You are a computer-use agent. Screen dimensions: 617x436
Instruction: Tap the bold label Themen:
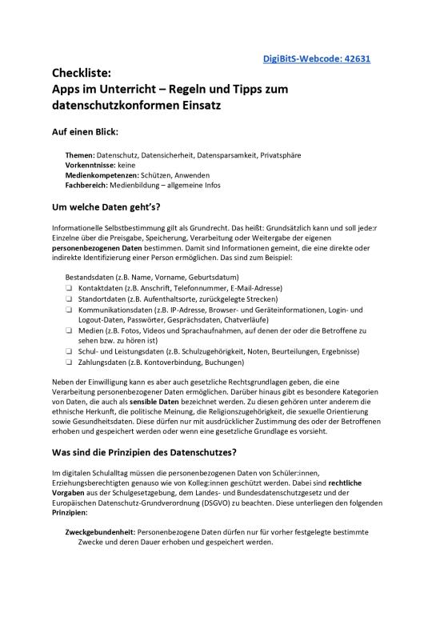tap(79, 154)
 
